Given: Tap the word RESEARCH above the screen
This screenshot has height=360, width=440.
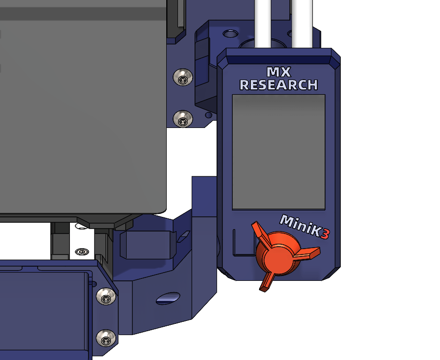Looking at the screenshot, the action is click(x=279, y=85).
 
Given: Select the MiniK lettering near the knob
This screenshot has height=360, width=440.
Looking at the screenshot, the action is click(x=301, y=225).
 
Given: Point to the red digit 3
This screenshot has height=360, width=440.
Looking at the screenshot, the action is click(x=325, y=234).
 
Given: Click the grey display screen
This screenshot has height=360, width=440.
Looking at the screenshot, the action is click(x=279, y=152).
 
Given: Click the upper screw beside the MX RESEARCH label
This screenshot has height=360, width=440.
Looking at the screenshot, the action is click(x=183, y=77).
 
